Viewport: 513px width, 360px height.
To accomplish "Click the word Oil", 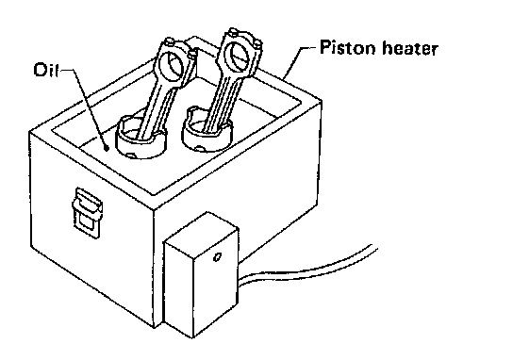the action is tap(46, 70).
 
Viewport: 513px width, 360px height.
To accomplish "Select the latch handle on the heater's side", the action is tap(87, 212).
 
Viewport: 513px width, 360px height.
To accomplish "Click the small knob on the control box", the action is tap(217, 257).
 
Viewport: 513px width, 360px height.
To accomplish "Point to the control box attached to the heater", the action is tap(201, 274).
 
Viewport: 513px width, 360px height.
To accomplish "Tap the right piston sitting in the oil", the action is tap(207, 129).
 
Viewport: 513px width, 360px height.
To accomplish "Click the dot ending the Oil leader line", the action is tap(107, 149).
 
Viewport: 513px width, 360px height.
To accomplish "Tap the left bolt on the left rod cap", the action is tap(169, 41).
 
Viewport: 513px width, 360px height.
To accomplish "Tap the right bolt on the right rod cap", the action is tap(257, 42).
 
